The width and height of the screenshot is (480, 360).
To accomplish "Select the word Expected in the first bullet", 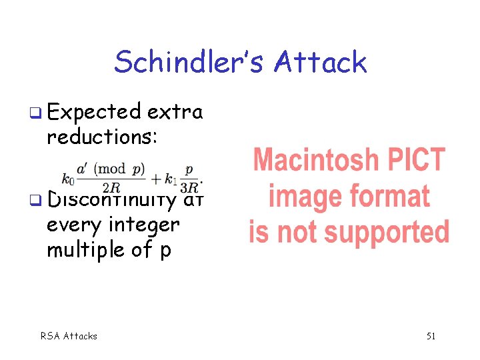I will (x=94, y=111).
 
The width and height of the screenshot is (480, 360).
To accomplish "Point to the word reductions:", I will (x=102, y=137).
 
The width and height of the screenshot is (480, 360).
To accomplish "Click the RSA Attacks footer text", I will (x=69, y=335).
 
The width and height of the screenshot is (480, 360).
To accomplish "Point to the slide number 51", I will (x=431, y=335).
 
